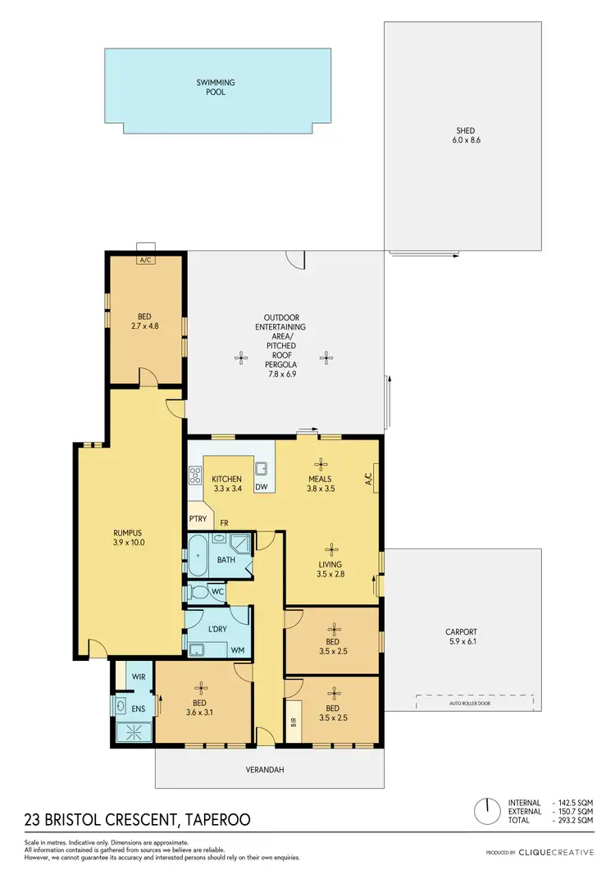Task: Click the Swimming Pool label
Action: click(x=216, y=87)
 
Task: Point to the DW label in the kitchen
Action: click(x=262, y=487)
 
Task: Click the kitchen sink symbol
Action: click(x=262, y=469)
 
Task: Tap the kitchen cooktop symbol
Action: click(x=196, y=474)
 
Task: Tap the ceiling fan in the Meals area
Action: click(x=322, y=462)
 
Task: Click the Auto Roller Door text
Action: click(x=476, y=703)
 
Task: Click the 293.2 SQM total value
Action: click(x=577, y=819)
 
